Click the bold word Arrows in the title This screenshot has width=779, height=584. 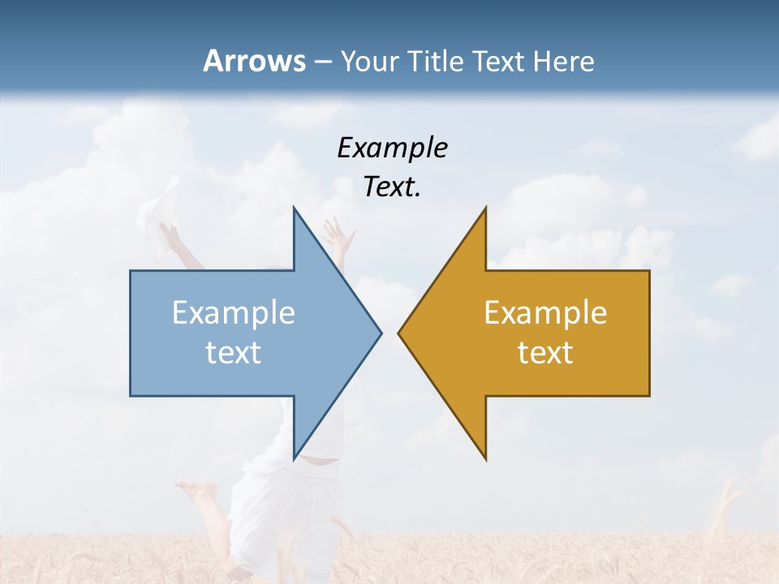(x=254, y=61)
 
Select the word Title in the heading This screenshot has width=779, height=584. (x=437, y=61)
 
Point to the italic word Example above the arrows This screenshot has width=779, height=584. (x=392, y=148)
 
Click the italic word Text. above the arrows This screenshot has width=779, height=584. (x=392, y=187)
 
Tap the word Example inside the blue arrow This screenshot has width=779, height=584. (x=234, y=312)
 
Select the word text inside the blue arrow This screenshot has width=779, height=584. (x=234, y=353)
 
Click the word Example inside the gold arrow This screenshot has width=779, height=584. (x=545, y=312)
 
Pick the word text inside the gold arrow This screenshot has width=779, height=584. (x=545, y=353)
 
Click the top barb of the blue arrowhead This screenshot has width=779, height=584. (x=295, y=213)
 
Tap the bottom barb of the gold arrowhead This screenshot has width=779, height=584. (x=484, y=454)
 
